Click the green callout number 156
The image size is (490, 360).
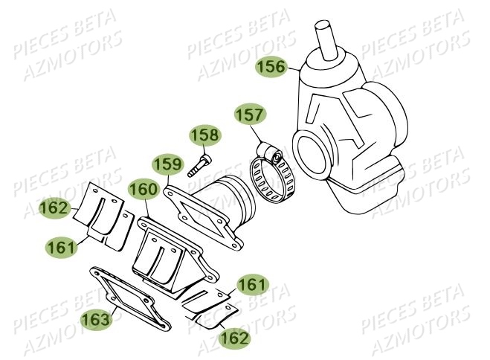(x=271, y=67)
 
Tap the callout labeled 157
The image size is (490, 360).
(x=250, y=115)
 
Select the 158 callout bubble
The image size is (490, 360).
(x=204, y=136)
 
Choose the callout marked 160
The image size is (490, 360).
(x=141, y=191)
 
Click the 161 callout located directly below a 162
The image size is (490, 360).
(x=62, y=248)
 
